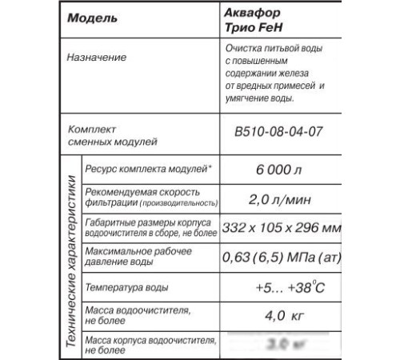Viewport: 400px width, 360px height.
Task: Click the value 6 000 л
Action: tap(275, 168)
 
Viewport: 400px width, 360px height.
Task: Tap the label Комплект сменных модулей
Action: tap(102, 134)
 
